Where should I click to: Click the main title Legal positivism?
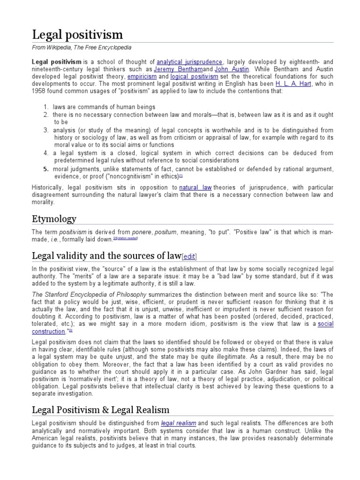click(77, 34)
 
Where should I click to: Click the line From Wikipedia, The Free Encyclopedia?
click(82, 48)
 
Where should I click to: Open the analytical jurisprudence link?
click(190, 62)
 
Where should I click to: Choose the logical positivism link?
click(195, 76)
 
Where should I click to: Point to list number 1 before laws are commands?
click(46, 107)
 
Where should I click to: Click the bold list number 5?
click(46, 169)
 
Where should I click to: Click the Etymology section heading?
click(54, 219)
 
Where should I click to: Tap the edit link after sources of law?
click(189, 256)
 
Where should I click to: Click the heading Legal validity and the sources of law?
click(106, 255)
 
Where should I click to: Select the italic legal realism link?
click(179, 424)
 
